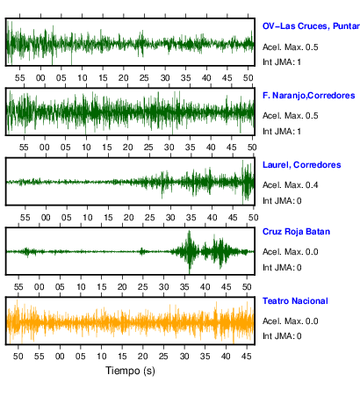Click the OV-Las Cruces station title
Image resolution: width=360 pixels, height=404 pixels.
tap(311, 26)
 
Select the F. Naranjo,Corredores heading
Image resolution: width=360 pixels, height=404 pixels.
tap(309, 96)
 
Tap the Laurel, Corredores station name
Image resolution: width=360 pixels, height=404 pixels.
tap(302, 165)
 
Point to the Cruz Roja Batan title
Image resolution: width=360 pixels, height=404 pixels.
tap(296, 232)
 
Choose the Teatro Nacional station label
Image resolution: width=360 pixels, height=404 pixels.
tap(295, 301)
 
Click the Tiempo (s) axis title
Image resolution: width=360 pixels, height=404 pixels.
tap(130, 371)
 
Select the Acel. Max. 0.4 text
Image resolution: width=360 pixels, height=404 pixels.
tap(291, 185)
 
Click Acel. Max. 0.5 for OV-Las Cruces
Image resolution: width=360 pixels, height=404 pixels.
tap(291, 47)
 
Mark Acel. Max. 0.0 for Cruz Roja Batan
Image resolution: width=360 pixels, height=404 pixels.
tap(291, 252)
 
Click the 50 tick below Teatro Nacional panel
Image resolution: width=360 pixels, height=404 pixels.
tap(18, 357)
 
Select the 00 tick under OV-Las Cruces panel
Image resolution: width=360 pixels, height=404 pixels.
tap(40, 78)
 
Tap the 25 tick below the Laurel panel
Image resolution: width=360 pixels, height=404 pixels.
tap(149, 218)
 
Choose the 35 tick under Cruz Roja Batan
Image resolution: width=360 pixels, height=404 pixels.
tap(184, 287)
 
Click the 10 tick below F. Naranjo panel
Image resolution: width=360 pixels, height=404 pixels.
tap(86, 148)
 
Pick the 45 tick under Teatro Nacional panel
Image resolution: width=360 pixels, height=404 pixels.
tap(247, 357)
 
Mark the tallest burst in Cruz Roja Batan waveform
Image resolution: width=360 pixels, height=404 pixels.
tap(190, 251)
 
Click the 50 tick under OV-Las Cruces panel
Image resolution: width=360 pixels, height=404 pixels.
tap(248, 78)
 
